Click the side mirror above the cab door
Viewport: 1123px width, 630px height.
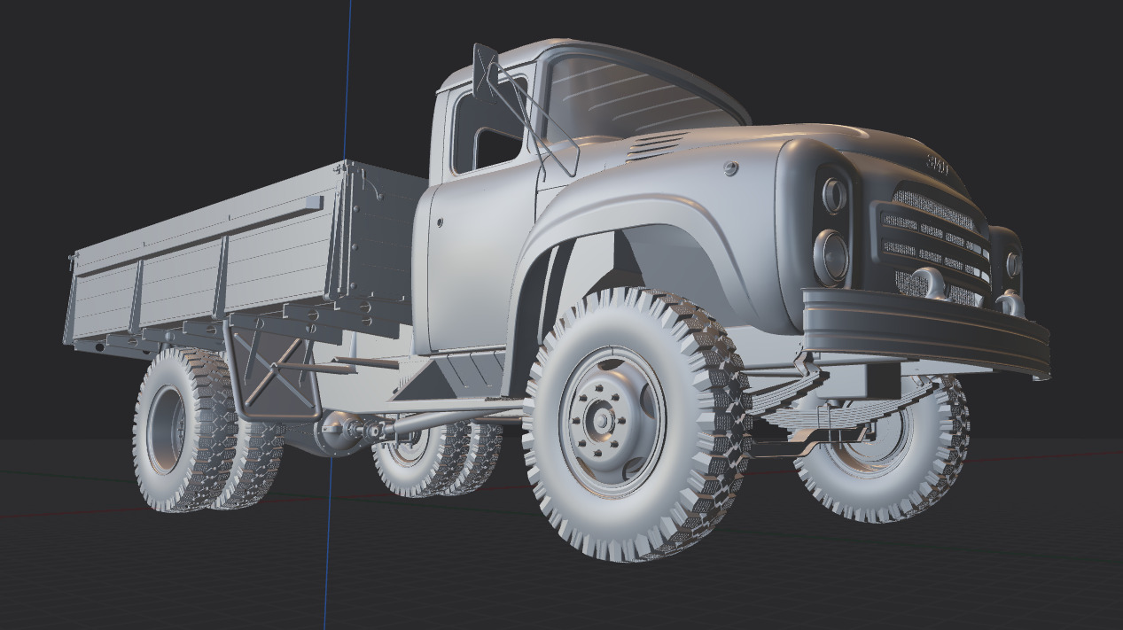pyautogui.click(x=484, y=71)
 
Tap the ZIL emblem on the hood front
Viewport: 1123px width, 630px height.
pyautogui.click(x=937, y=165)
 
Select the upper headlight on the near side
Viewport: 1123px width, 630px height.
pyautogui.click(x=833, y=196)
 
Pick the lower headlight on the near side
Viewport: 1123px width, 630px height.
pyautogui.click(x=831, y=255)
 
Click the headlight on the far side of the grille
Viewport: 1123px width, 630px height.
pyautogui.click(x=1012, y=264)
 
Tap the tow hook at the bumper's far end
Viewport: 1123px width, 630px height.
pyautogui.click(x=1009, y=304)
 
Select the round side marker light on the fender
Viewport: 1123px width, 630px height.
pyautogui.click(x=730, y=168)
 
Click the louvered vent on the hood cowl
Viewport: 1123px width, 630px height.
pyautogui.click(x=657, y=146)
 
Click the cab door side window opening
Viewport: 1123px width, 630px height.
pyautogui.click(x=487, y=128)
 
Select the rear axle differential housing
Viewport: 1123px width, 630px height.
pyautogui.click(x=342, y=432)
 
